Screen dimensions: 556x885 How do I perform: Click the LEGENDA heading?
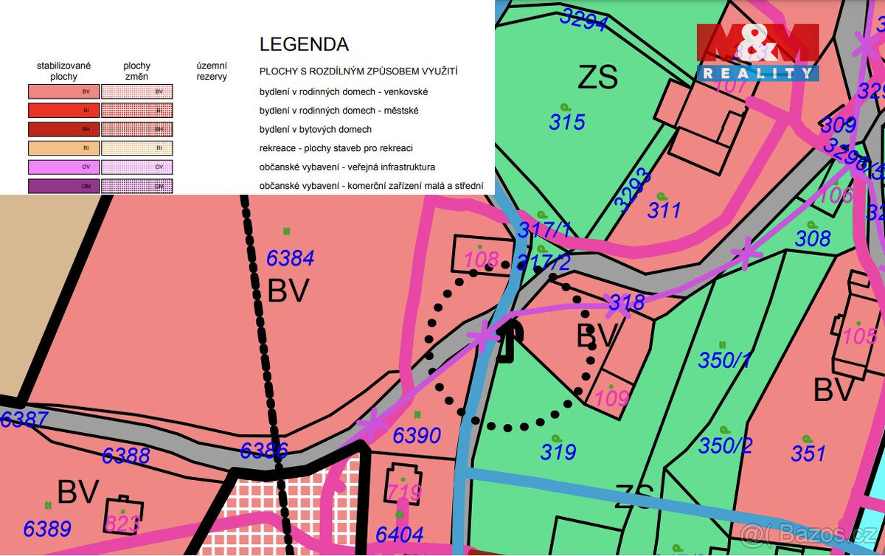[304, 44]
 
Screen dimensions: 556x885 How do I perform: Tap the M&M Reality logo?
[758, 52]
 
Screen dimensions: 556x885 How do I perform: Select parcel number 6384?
[290, 258]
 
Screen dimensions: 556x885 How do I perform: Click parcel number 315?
[566, 122]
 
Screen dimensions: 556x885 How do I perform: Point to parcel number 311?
[664, 211]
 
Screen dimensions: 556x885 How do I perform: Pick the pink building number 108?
[482, 260]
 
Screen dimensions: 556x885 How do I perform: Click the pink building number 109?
[611, 398]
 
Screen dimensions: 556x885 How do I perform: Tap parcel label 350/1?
[725, 361]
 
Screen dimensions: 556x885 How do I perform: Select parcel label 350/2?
[726, 445]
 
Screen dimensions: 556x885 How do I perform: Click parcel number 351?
[808, 452]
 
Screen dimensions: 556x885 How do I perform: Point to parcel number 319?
[558, 451]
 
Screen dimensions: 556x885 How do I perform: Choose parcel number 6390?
[417, 436]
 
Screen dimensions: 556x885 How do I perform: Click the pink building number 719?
[404, 492]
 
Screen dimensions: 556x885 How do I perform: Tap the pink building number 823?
[122, 524]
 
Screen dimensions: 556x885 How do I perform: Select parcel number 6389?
[47, 529]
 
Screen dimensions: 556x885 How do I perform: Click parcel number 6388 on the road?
[126, 455]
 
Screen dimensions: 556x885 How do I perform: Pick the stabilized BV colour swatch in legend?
[63, 91]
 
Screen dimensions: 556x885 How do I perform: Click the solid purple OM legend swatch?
[63, 187]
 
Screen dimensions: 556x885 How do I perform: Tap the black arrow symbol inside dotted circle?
[508, 342]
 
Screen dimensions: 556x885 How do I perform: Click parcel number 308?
[813, 238]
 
